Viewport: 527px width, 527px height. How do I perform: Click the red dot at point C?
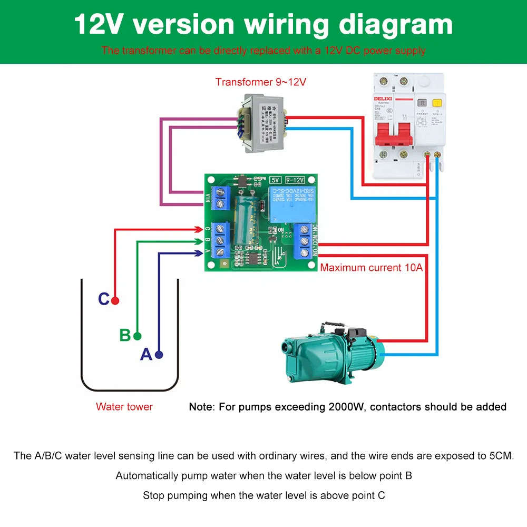(115, 300)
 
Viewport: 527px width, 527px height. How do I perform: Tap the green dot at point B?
(138, 336)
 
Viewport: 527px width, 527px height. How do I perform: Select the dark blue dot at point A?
(159, 355)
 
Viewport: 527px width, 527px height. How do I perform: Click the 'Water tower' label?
(124, 406)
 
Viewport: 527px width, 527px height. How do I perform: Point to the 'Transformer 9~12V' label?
(260, 82)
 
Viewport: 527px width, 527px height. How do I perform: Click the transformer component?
(260, 122)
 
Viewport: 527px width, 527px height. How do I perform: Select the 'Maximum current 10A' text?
(372, 268)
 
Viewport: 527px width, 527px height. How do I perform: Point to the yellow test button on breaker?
(436, 104)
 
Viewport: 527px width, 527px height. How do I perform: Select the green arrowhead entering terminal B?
(199, 241)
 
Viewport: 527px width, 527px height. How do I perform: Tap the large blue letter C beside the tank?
(104, 299)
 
